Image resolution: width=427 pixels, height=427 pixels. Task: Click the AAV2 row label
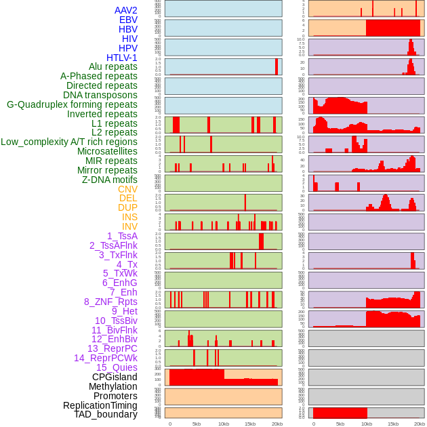click(126, 10)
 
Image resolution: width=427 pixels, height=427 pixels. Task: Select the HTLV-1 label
click(122, 58)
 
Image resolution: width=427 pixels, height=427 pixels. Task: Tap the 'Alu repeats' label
click(113, 66)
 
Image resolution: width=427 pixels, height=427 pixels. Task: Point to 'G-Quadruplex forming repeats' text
click(72, 104)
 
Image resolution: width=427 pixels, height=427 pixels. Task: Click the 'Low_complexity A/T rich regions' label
click(69, 142)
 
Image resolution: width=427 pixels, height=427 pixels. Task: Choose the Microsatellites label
click(107, 151)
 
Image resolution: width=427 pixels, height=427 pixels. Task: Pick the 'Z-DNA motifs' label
click(110, 180)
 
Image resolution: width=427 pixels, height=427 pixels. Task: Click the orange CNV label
click(127, 189)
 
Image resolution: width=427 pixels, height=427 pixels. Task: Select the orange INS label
click(129, 217)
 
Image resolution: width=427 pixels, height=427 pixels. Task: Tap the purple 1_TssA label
click(122, 236)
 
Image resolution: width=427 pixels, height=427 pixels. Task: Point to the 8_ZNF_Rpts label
click(110, 302)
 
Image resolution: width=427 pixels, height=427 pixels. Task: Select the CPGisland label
click(115, 377)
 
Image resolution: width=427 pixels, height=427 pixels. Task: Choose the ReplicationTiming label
click(100, 405)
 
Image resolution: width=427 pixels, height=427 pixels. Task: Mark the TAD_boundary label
click(106, 414)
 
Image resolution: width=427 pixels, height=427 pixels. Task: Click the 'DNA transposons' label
click(100, 95)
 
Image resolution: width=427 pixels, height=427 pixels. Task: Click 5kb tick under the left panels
click(197, 424)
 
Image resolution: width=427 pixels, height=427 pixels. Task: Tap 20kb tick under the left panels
click(277, 424)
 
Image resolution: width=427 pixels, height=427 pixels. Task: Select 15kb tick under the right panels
click(393, 424)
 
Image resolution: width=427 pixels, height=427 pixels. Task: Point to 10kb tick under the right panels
click(367, 424)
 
